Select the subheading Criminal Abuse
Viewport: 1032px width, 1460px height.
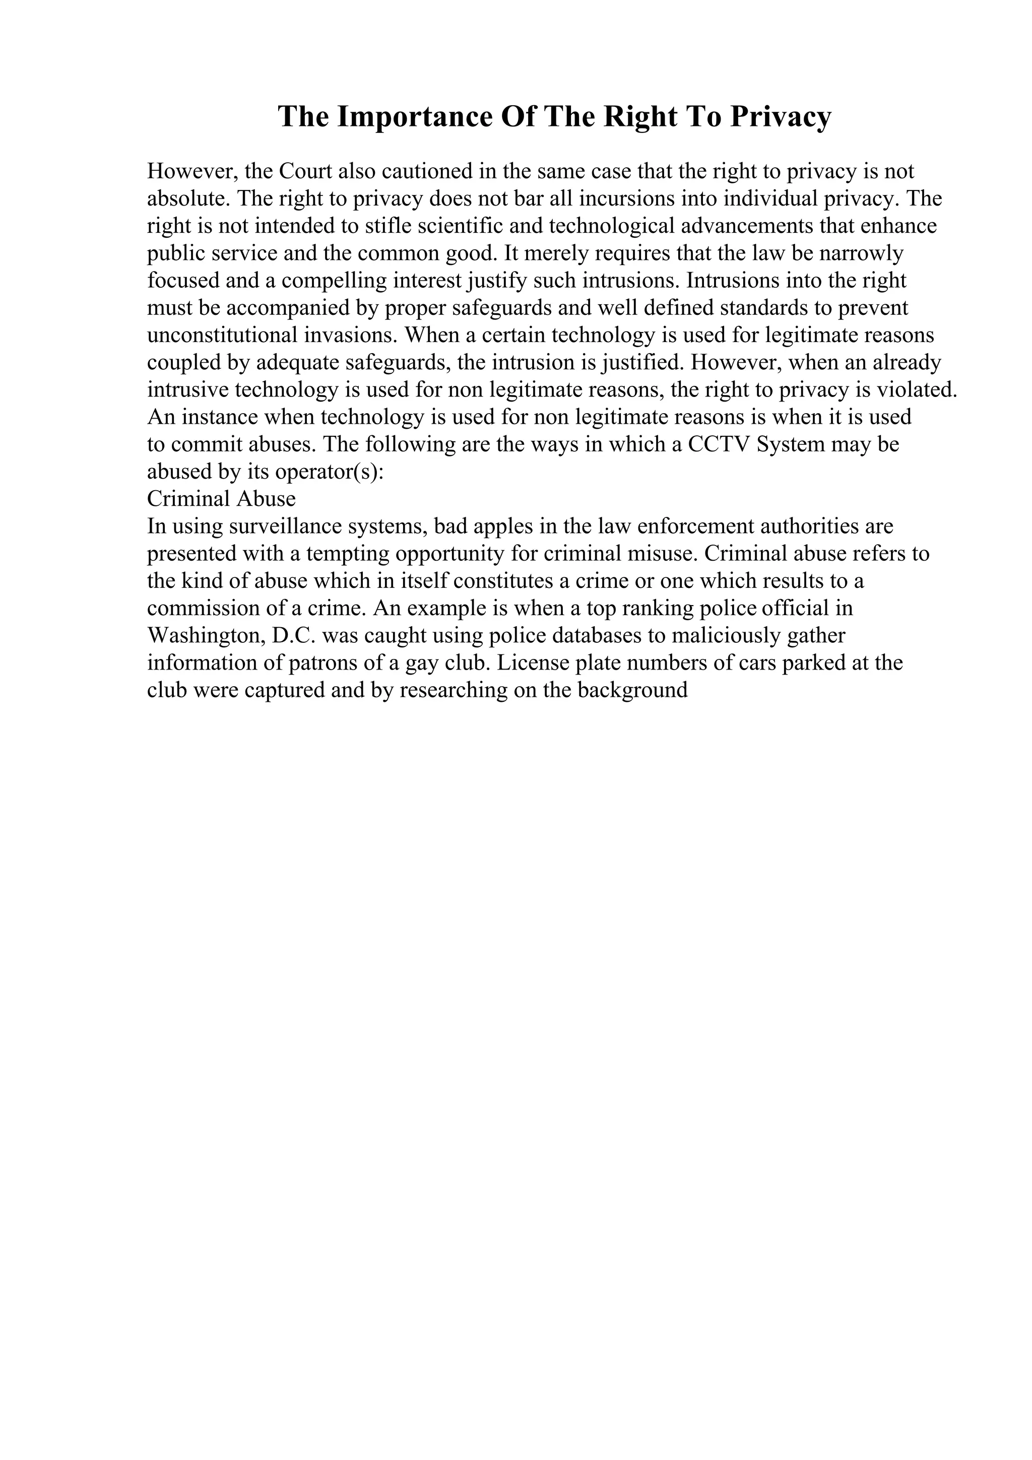pyautogui.click(x=221, y=499)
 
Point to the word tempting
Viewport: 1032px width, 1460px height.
pyautogui.click(x=348, y=554)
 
